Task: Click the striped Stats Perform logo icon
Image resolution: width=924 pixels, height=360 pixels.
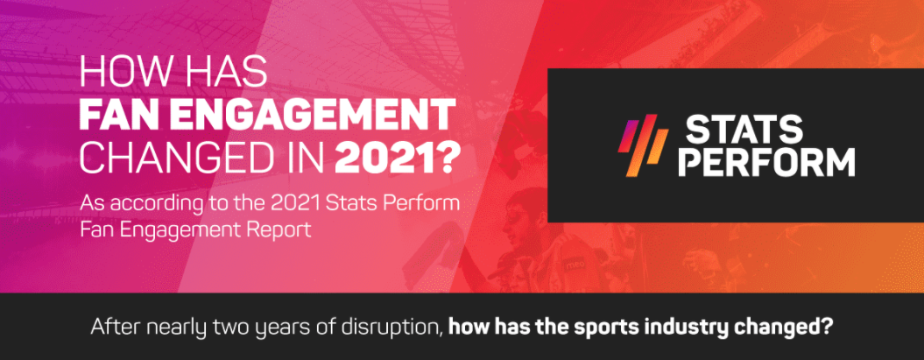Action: pyautogui.click(x=644, y=146)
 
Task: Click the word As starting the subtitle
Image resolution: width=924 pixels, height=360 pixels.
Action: pyautogui.click(x=93, y=204)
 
